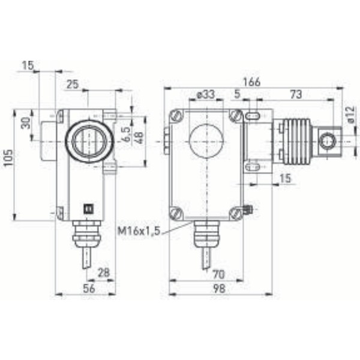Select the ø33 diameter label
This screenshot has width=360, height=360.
click(x=206, y=94)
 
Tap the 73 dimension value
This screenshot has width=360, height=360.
click(x=295, y=94)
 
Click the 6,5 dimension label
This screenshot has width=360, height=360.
click(x=126, y=134)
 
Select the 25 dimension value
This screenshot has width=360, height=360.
click(x=73, y=85)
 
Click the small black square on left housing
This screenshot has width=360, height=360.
click(x=85, y=209)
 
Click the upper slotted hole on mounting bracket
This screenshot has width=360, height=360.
click(x=253, y=115)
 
